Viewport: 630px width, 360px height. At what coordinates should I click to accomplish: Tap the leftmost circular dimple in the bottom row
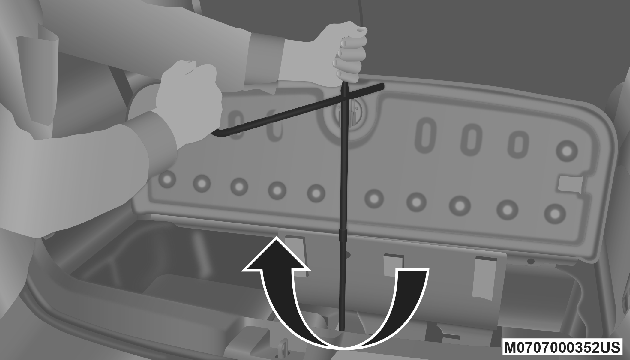pos(168,179)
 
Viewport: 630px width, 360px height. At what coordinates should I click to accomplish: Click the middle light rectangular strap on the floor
pos(394,265)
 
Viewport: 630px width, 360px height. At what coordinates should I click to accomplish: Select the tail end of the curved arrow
pos(412,271)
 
